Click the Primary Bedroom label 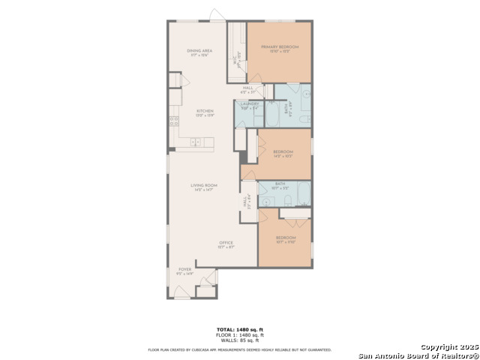tap(280, 49)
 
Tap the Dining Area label tap(198, 52)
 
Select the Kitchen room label tap(194, 112)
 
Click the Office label tap(226, 244)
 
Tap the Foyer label tap(184, 271)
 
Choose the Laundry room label tap(249, 106)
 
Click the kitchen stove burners tap(174, 120)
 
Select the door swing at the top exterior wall tap(217, 16)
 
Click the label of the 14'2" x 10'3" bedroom tap(283, 153)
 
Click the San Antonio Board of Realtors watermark tap(417, 355)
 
